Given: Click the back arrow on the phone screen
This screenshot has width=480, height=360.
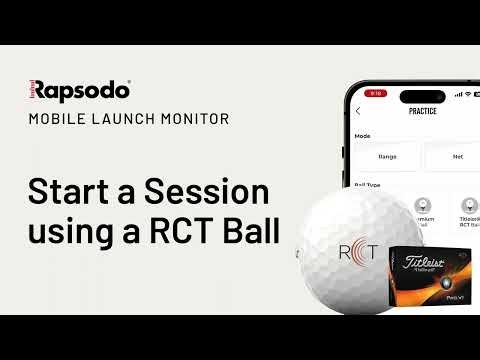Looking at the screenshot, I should coord(359,111).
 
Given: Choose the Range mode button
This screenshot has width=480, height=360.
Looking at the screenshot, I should coord(386,156).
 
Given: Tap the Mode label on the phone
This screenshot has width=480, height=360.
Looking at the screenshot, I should coord(363,135).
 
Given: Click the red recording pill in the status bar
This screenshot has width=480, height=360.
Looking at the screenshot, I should coord(377,93).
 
